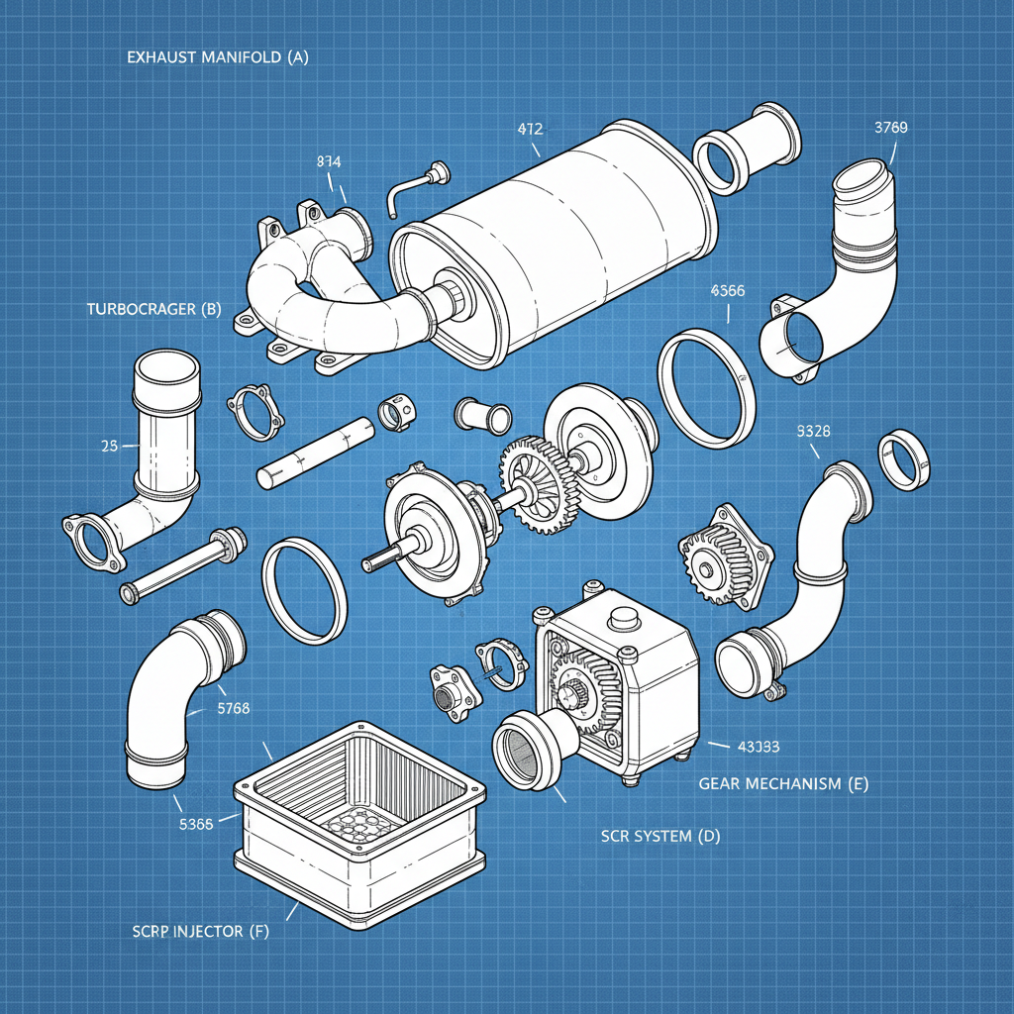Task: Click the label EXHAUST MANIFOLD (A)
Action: (218, 57)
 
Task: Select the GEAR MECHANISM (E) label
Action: (783, 783)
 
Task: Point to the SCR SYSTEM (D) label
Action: (660, 836)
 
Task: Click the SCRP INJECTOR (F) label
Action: (200, 932)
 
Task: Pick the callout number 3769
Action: (891, 127)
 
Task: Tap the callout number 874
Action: (330, 161)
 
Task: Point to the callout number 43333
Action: (758, 745)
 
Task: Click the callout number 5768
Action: (233, 708)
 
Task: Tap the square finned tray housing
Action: (360, 822)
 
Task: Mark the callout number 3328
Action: (813, 431)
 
